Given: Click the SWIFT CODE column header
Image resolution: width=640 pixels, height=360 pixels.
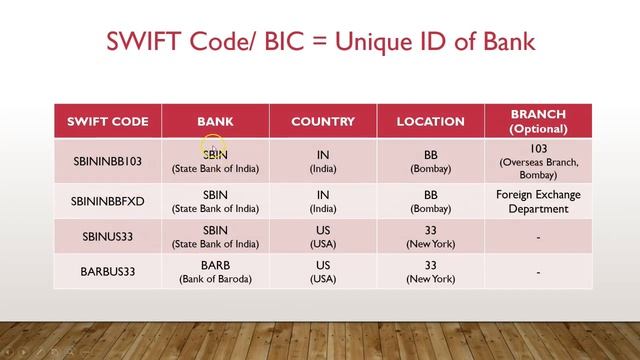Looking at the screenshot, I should pyautogui.click(x=107, y=122).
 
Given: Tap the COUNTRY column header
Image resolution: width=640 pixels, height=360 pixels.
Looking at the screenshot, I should pyautogui.click(x=323, y=122).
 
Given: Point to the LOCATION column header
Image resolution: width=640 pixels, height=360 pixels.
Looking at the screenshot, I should pyautogui.click(x=431, y=122).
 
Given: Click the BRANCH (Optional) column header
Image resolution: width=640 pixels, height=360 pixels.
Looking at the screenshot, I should pyautogui.click(x=538, y=122).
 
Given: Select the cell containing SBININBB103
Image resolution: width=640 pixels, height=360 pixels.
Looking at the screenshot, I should pyautogui.click(x=107, y=161).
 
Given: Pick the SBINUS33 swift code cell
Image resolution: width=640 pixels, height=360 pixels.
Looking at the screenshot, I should pyautogui.click(x=107, y=236).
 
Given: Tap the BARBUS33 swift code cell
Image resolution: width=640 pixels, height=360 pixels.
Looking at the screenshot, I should pyautogui.click(x=107, y=271).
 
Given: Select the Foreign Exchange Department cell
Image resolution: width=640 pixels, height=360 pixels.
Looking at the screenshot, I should pyautogui.click(x=538, y=201).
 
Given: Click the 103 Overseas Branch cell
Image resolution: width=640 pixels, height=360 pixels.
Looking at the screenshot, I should pyautogui.click(x=538, y=161).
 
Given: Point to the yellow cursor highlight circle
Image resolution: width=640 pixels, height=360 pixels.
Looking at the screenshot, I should pyautogui.click(x=213, y=151).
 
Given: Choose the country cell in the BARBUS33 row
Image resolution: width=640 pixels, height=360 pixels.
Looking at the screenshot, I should pyautogui.click(x=323, y=271).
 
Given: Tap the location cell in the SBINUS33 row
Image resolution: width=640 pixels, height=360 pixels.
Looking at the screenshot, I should pyautogui.click(x=431, y=236).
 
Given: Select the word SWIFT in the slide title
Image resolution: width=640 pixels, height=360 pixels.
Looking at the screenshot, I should pyautogui.click(x=145, y=42).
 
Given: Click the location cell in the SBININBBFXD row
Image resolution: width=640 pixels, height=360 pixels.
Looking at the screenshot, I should pyautogui.click(x=431, y=201).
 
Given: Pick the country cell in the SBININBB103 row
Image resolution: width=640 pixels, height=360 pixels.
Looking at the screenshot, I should pyautogui.click(x=323, y=161).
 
